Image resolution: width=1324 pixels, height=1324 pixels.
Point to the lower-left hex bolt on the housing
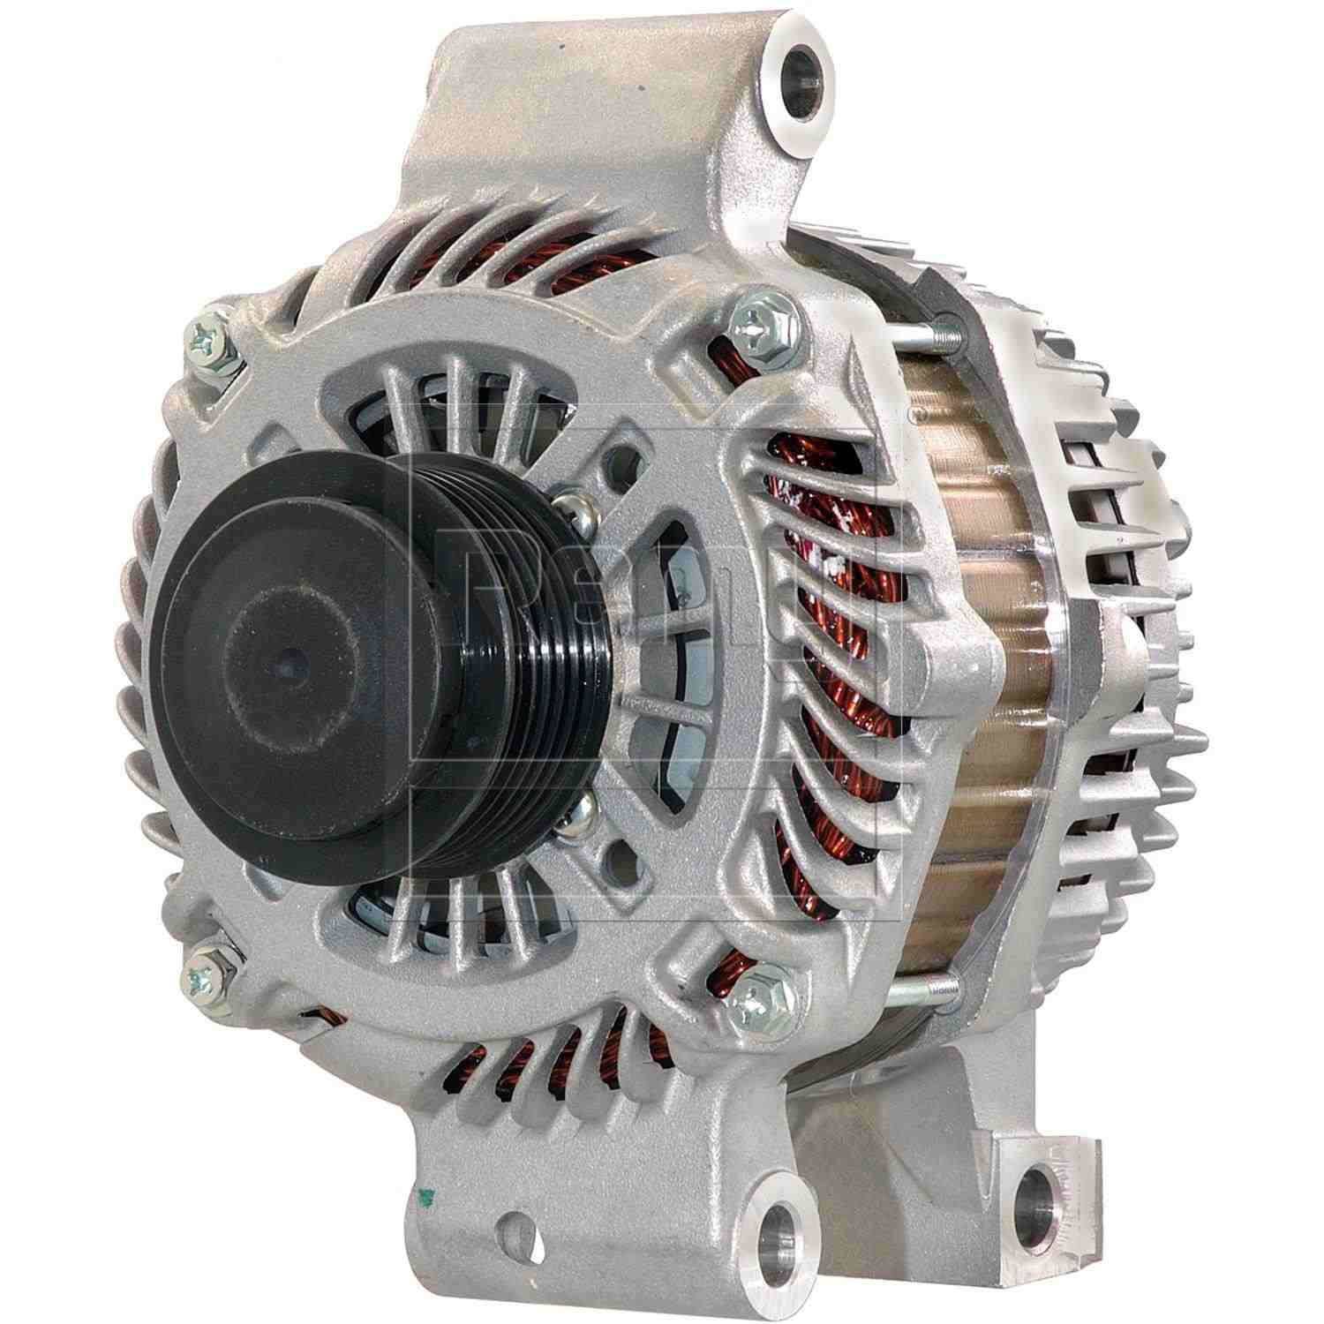tap(208, 964)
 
